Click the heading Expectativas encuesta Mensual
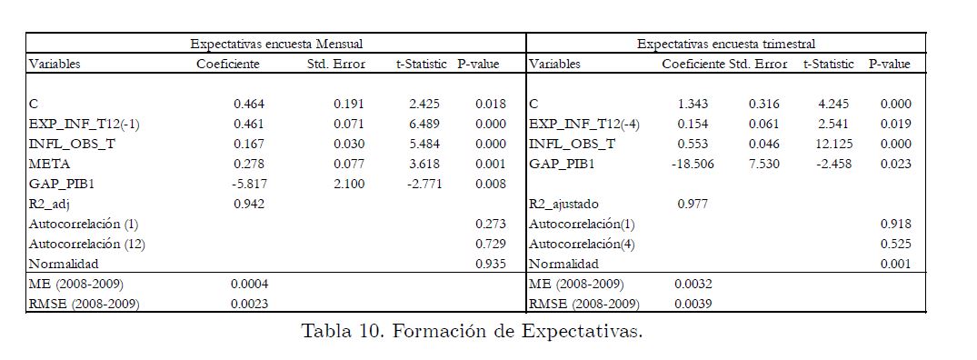pos(276,45)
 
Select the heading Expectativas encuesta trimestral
pos(726,45)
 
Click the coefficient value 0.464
pos(249,104)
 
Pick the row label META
pos(49,164)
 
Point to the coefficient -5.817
pos(246,184)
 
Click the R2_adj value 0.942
pos(249,204)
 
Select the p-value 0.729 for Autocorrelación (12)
pos(491,244)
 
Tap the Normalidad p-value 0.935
pos(491,264)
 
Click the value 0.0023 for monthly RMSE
pos(250,304)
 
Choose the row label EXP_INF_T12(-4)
pos(584,124)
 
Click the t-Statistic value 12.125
pos(833,144)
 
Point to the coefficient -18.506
pos(693,164)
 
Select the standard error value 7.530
pos(764,164)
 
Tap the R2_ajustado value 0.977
pos(693,204)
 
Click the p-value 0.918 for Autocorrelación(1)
pos(895,224)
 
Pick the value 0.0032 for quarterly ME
pos(693,284)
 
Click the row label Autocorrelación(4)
pos(582,244)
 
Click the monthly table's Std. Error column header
pos(336,64)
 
